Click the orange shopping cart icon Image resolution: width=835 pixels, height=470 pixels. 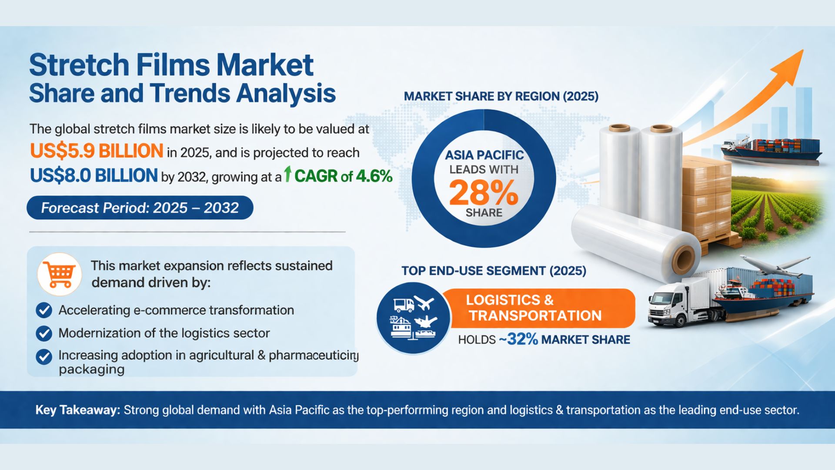coord(60,275)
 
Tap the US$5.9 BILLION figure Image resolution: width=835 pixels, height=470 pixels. coord(97,151)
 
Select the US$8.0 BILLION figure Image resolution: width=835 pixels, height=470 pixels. coord(94,175)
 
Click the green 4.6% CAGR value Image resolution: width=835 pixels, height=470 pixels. coord(374,176)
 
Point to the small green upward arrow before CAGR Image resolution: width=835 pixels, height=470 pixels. coord(287,174)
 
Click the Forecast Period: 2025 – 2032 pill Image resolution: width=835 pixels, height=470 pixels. coord(140,208)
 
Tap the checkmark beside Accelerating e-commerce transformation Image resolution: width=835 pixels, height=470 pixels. coord(43,310)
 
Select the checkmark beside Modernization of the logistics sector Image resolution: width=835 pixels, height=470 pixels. coord(43,333)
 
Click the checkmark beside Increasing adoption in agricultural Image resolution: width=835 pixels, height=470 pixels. coord(43,356)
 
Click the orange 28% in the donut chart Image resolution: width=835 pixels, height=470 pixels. coord(484,193)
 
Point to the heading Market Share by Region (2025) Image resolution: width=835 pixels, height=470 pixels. coord(501,96)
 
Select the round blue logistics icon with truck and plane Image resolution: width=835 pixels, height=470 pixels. coord(414,318)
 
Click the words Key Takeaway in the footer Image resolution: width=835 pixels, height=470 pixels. coord(77,410)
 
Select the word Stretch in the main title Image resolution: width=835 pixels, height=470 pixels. coord(79,65)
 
